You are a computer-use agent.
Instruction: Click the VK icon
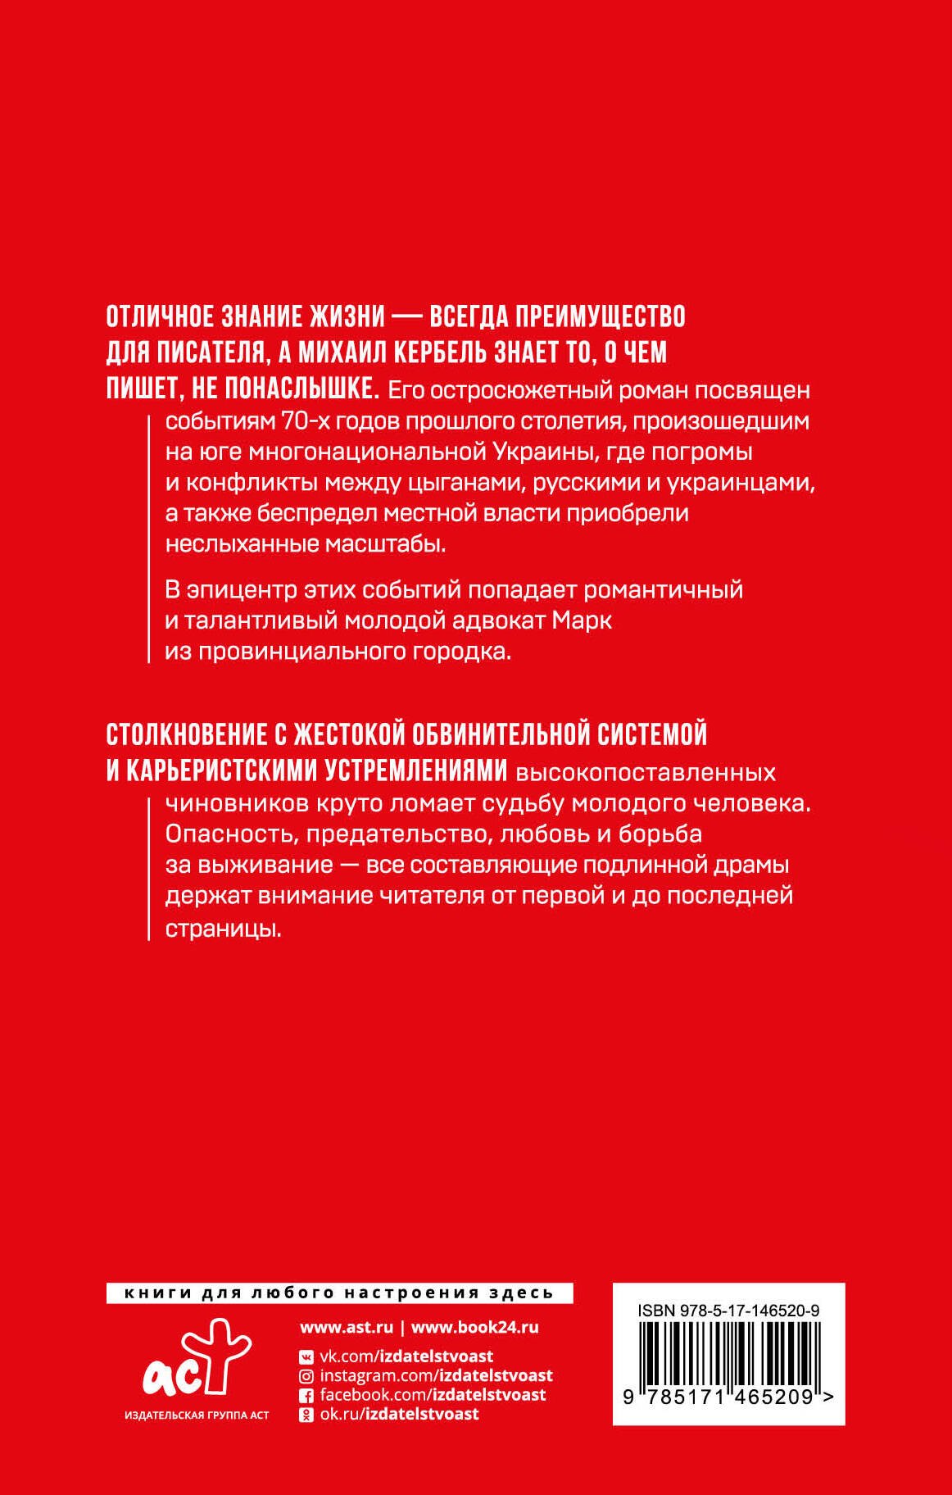(x=306, y=1356)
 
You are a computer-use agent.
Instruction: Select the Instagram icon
(x=306, y=1376)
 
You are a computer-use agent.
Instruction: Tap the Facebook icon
(x=306, y=1395)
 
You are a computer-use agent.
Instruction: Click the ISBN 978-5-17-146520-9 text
(x=728, y=1311)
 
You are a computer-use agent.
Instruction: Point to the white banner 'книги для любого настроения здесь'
(x=339, y=1293)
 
